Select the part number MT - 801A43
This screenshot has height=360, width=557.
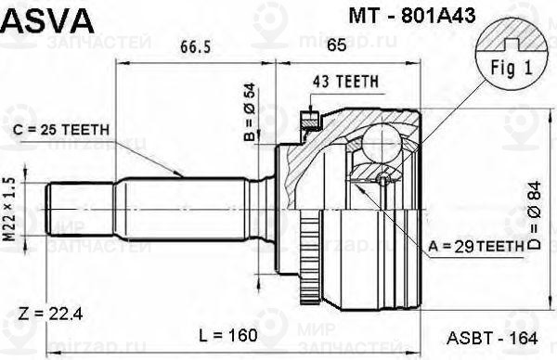tap(412, 16)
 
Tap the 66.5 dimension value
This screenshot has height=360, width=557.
tap(195, 46)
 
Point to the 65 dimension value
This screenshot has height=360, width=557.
tap(336, 45)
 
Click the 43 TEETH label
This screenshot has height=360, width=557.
tap(345, 82)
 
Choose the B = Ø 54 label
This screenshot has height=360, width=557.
tap(251, 112)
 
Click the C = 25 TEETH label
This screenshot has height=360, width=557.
tap(61, 130)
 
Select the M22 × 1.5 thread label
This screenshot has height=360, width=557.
tap(10, 210)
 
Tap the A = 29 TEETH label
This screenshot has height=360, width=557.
tap(476, 246)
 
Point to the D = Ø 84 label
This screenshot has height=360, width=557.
tap(534, 215)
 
